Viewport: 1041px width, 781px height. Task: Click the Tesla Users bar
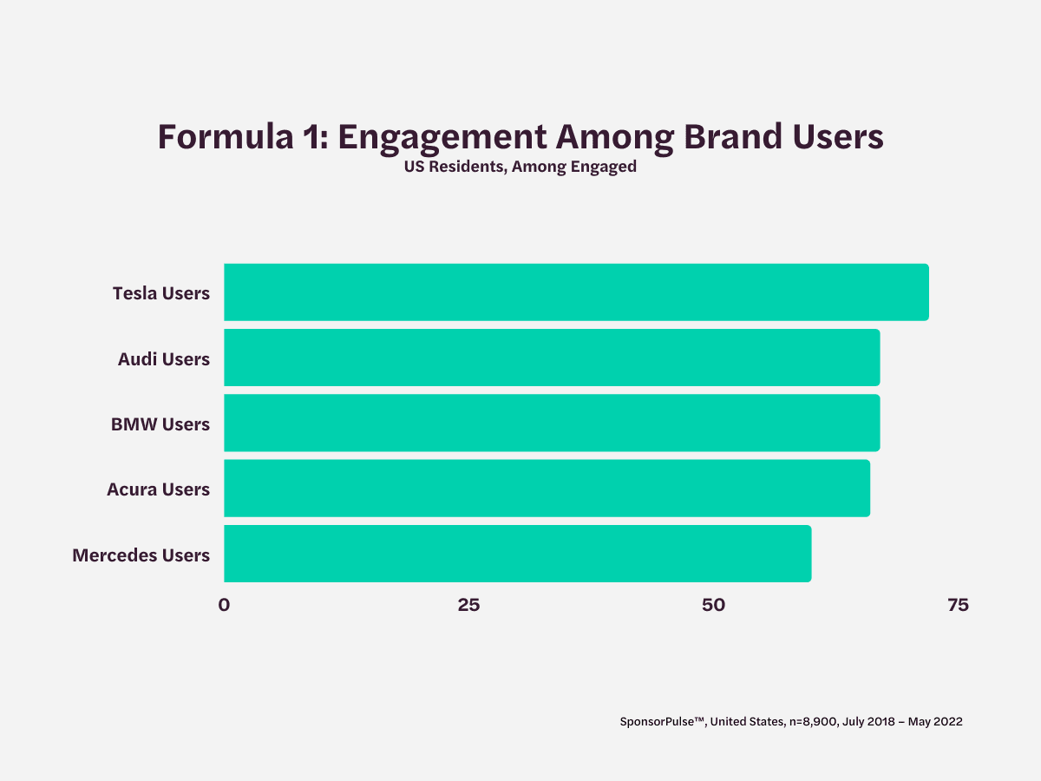576,292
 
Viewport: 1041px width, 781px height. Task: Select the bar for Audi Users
552,358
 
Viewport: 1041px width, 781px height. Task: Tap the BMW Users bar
552,423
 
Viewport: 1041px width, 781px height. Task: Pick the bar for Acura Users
547,488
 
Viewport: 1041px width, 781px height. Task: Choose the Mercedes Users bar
517,553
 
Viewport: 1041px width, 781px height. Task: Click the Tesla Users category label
161,293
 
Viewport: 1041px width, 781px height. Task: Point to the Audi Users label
164,358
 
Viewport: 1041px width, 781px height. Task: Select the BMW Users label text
160,423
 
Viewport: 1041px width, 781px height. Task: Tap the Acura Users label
158,489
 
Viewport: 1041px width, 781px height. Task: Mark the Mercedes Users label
141,555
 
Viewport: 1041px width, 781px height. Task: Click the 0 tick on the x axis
224,606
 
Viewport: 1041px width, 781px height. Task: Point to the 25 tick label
468,606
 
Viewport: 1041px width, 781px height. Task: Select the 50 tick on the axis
713,606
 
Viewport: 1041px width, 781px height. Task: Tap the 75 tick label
958,606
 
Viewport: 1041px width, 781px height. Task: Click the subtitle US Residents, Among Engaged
520,167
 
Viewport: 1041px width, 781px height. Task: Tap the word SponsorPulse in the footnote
660,721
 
